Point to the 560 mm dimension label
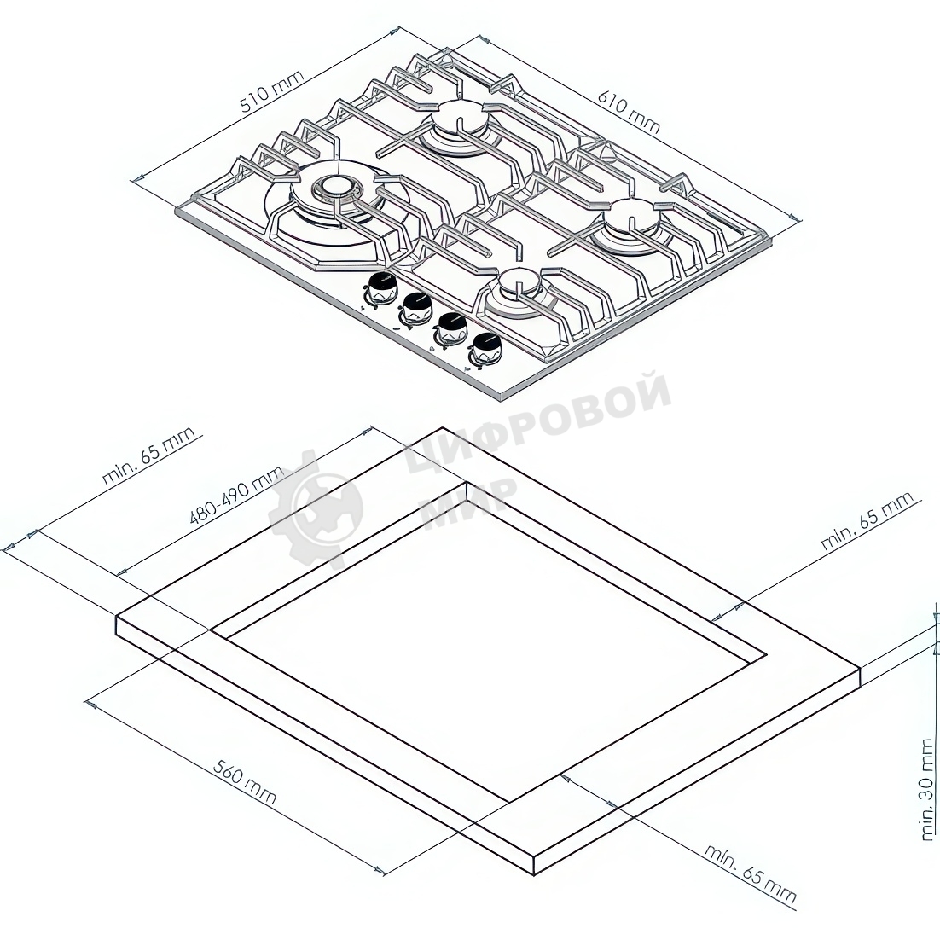click(x=245, y=784)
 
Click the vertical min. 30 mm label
click(x=928, y=789)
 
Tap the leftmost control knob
click(x=381, y=288)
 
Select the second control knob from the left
click(x=415, y=309)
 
